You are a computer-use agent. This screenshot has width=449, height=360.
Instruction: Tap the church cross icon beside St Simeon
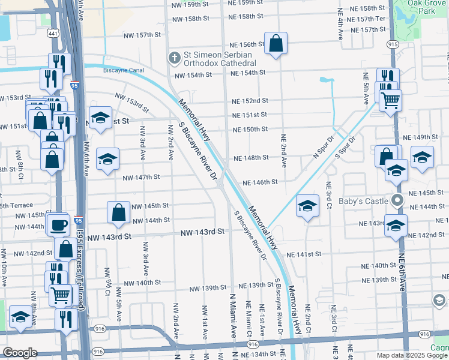point(174,58)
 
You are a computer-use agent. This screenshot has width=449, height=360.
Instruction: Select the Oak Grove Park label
point(429,7)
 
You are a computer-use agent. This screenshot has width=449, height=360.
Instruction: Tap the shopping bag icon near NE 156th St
point(276,44)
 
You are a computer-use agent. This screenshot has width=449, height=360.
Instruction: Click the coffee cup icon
point(59,225)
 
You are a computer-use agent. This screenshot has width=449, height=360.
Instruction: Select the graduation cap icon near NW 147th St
point(108,159)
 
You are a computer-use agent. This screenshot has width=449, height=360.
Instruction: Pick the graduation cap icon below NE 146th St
point(307,207)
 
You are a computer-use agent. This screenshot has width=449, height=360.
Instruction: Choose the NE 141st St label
point(304,254)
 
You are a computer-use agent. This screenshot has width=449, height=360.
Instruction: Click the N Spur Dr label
point(324,146)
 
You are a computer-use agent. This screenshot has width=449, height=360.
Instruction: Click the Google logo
point(20,353)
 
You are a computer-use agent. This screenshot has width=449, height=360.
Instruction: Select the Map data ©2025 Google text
point(411,355)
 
